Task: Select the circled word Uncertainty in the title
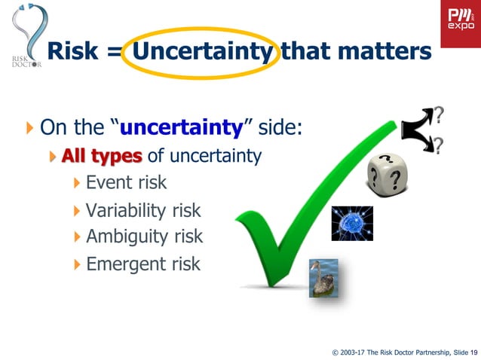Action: click(x=201, y=51)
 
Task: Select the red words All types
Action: click(x=102, y=156)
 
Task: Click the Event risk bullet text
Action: click(x=126, y=182)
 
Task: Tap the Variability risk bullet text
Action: click(x=143, y=211)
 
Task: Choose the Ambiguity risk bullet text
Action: click(x=144, y=236)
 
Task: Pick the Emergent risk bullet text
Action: click(x=143, y=264)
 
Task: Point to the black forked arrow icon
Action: click(x=417, y=130)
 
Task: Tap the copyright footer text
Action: click(x=404, y=351)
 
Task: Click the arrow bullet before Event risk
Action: click(x=78, y=182)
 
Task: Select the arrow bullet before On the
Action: click(x=29, y=127)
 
